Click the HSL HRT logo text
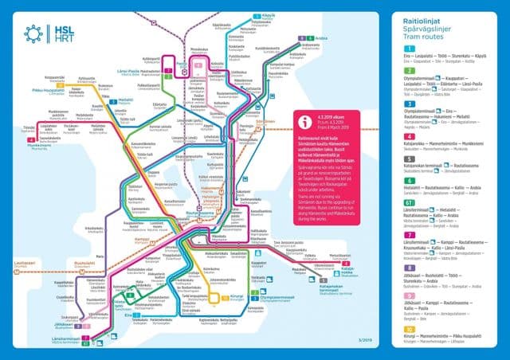[x=60, y=33]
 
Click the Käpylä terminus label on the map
[x=269, y=15]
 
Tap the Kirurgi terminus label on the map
[x=239, y=295]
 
